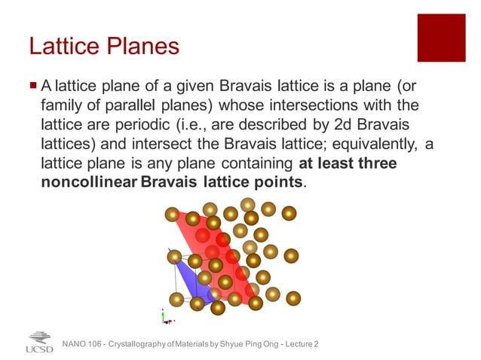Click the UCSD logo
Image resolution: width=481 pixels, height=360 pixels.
click(39, 343)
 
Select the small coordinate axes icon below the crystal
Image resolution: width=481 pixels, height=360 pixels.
click(167, 316)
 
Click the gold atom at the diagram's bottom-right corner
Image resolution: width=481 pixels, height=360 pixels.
click(293, 298)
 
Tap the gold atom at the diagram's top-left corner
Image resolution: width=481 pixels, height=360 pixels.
click(173, 215)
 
